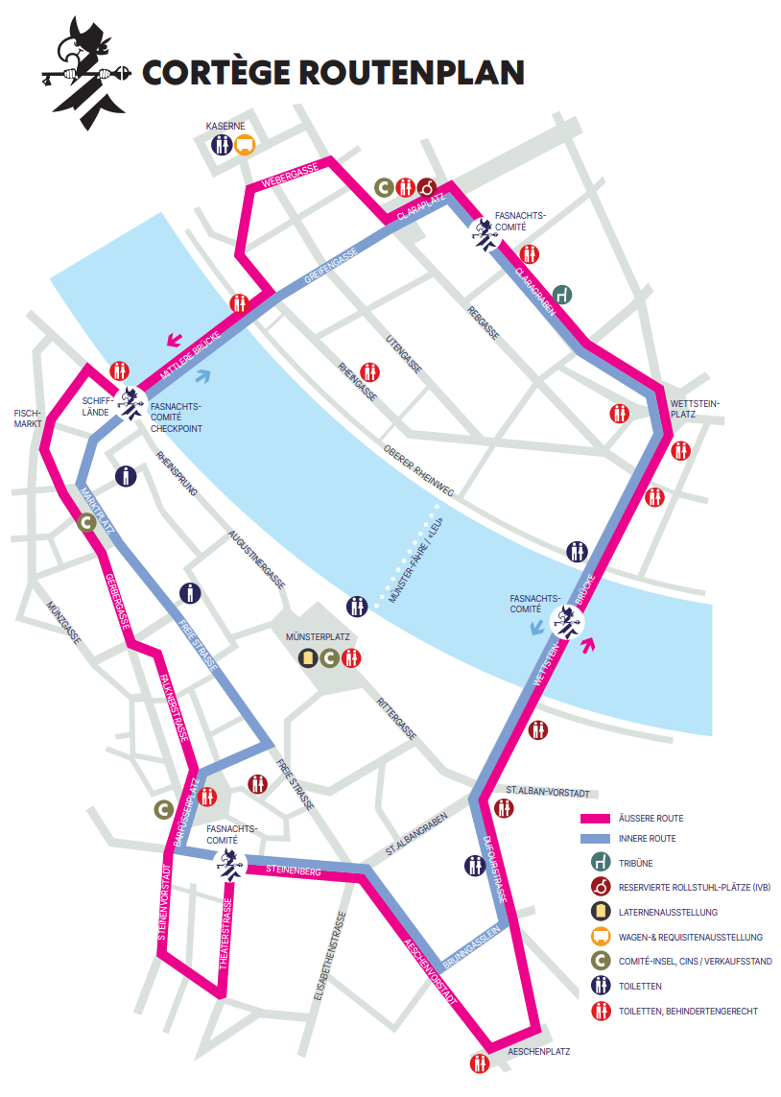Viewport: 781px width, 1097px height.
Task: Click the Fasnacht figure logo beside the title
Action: click(x=84, y=70)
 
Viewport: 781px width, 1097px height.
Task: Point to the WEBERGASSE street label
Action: click(x=290, y=176)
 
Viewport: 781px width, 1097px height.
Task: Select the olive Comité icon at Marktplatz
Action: click(x=85, y=523)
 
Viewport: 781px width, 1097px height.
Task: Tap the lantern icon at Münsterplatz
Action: click(x=307, y=657)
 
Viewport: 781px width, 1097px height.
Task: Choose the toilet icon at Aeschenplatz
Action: click(x=479, y=1063)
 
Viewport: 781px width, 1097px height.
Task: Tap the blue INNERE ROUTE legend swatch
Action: click(x=596, y=840)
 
